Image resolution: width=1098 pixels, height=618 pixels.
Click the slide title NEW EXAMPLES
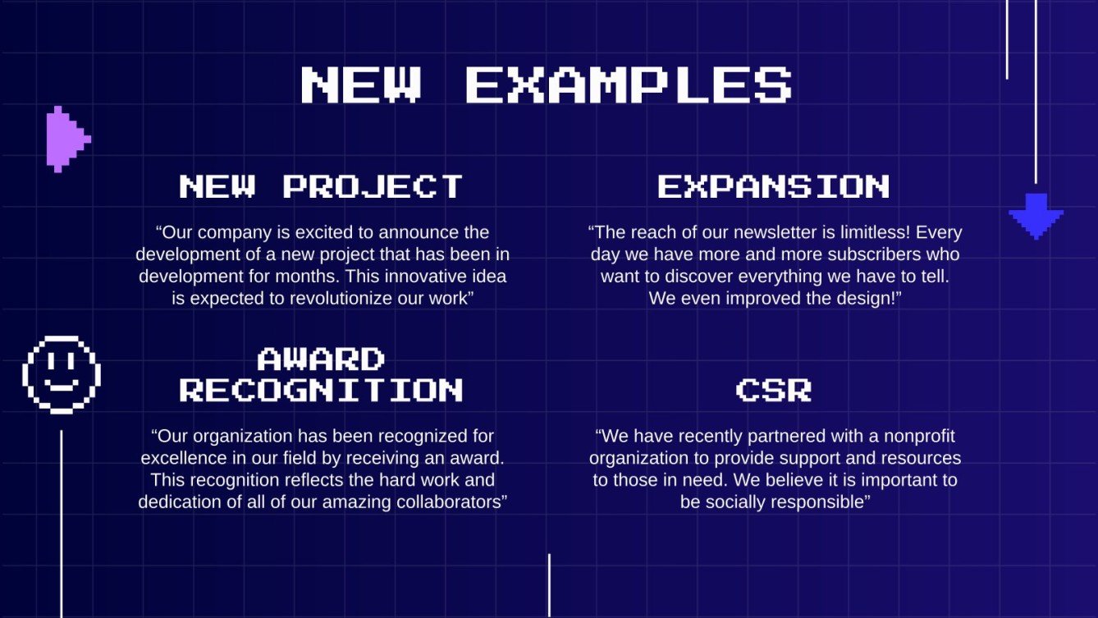[x=546, y=84]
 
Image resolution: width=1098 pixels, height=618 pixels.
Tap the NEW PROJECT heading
[x=321, y=186]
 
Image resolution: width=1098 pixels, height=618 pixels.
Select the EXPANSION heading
[x=773, y=186]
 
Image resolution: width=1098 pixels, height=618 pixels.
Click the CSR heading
[x=773, y=390]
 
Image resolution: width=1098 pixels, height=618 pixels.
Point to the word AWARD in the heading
[x=321, y=359]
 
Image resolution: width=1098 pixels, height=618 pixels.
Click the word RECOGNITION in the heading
[x=321, y=390]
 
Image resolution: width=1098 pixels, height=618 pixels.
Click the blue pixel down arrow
[x=1036, y=216]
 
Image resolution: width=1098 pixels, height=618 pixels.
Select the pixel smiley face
[x=62, y=374]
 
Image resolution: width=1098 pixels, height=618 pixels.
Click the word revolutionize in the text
[x=341, y=299]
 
